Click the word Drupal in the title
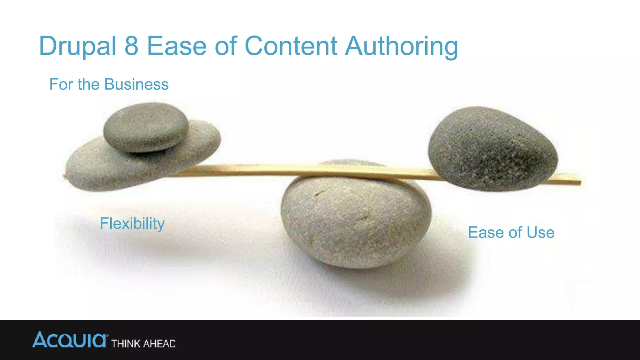(77, 46)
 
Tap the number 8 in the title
(131, 46)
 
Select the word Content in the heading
(291, 46)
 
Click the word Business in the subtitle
(136, 84)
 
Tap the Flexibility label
(132, 224)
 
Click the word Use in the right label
(540, 232)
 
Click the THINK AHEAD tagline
(143, 344)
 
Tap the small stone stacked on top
(146, 127)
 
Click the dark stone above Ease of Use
(493, 148)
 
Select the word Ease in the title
(177, 46)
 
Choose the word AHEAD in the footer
(159, 344)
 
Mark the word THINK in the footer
(126, 344)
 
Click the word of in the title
(225, 46)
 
